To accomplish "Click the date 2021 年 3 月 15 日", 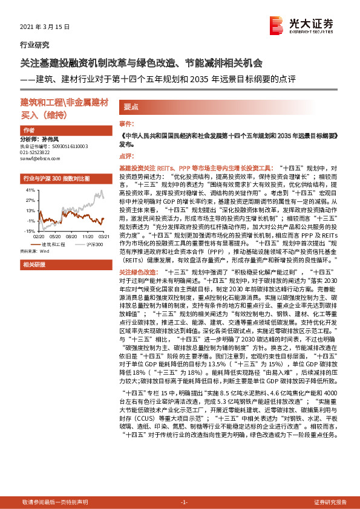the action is click(x=46, y=28).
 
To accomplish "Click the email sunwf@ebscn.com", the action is click(x=38, y=163).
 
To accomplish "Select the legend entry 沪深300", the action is click(x=93, y=243).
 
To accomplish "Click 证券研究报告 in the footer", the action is click(x=330, y=502).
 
